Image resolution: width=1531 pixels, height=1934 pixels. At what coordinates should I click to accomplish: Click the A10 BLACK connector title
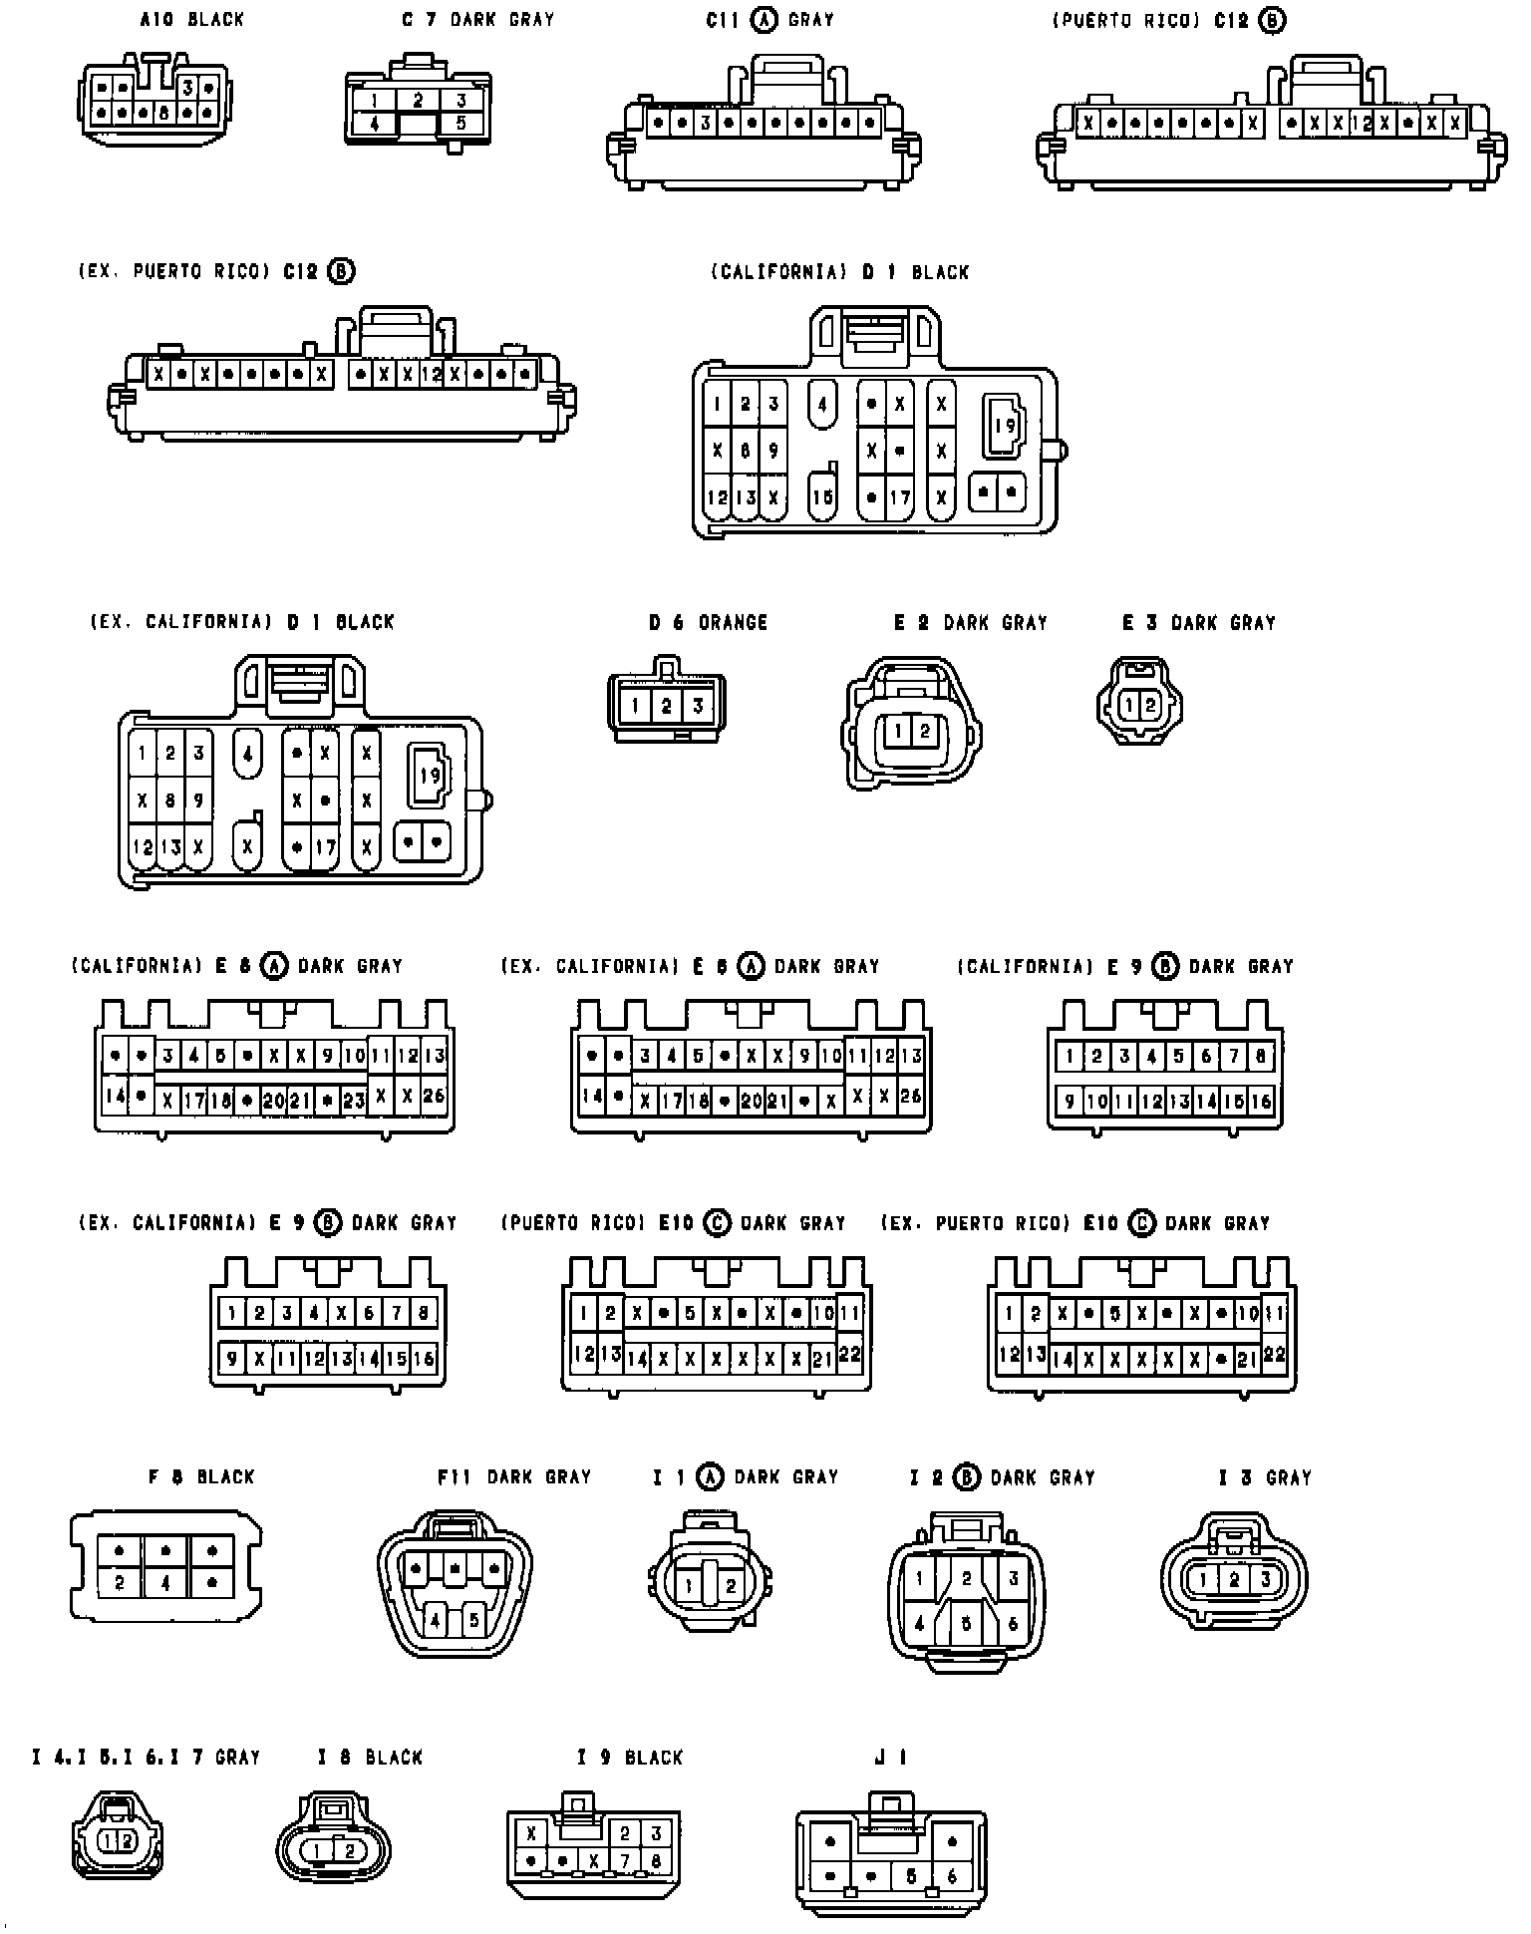[191, 19]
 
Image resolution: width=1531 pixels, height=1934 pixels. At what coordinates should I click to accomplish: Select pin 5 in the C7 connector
[461, 124]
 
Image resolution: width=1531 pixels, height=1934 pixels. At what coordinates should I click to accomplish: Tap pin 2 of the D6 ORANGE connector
[667, 707]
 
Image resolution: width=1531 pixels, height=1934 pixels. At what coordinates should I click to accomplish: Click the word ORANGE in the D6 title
[733, 623]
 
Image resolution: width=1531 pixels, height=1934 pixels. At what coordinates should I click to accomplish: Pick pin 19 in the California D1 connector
[1006, 426]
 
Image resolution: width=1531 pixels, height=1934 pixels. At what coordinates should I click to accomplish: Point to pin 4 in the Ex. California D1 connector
[247, 753]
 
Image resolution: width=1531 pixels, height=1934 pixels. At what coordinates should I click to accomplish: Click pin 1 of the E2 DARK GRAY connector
[898, 731]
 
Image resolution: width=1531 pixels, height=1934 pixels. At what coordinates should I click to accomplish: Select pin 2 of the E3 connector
[1150, 706]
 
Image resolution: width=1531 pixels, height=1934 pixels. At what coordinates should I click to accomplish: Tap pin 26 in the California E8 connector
[435, 1096]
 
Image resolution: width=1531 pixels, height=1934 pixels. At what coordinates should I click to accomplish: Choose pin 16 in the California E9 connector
[1261, 1102]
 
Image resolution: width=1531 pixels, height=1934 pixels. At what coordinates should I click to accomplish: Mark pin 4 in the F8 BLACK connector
[166, 1582]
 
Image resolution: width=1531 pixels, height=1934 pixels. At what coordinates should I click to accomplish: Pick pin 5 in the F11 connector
[474, 1620]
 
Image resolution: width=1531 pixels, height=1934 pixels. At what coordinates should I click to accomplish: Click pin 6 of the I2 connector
[1013, 1624]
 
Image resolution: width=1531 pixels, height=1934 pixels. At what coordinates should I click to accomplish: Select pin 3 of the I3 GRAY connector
[1266, 1579]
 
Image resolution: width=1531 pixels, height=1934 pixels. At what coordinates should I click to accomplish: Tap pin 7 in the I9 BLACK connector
[627, 1860]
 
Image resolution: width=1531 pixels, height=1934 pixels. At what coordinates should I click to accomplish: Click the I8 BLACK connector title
[370, 1757]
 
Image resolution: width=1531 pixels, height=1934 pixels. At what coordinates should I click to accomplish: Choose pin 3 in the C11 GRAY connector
[705, 123]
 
